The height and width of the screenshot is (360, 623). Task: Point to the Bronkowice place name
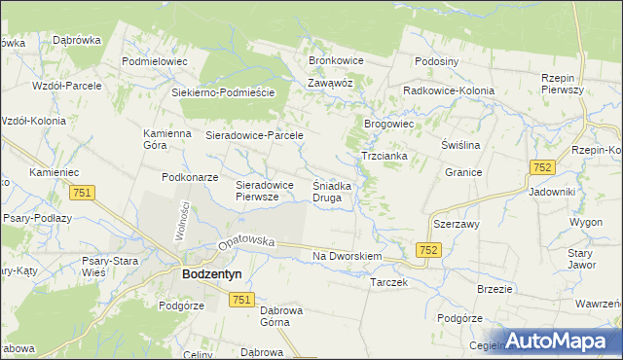click(336, 60)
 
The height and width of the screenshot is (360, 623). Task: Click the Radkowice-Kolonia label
click(449, 90)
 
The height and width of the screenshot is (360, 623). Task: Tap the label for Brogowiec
click(389, 125)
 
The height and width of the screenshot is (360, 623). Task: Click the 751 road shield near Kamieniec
click(82, 194)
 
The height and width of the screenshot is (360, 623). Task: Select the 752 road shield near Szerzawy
click(428, 250)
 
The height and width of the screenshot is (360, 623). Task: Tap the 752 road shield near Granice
click(543, 167)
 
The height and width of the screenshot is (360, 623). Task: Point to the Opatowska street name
click(246, 242)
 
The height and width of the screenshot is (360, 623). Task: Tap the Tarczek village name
click(388, 282)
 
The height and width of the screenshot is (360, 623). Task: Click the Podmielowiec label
click(154, 60)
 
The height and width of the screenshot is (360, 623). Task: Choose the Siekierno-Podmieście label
click(224, 92)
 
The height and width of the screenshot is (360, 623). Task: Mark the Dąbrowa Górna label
click(285, 318)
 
